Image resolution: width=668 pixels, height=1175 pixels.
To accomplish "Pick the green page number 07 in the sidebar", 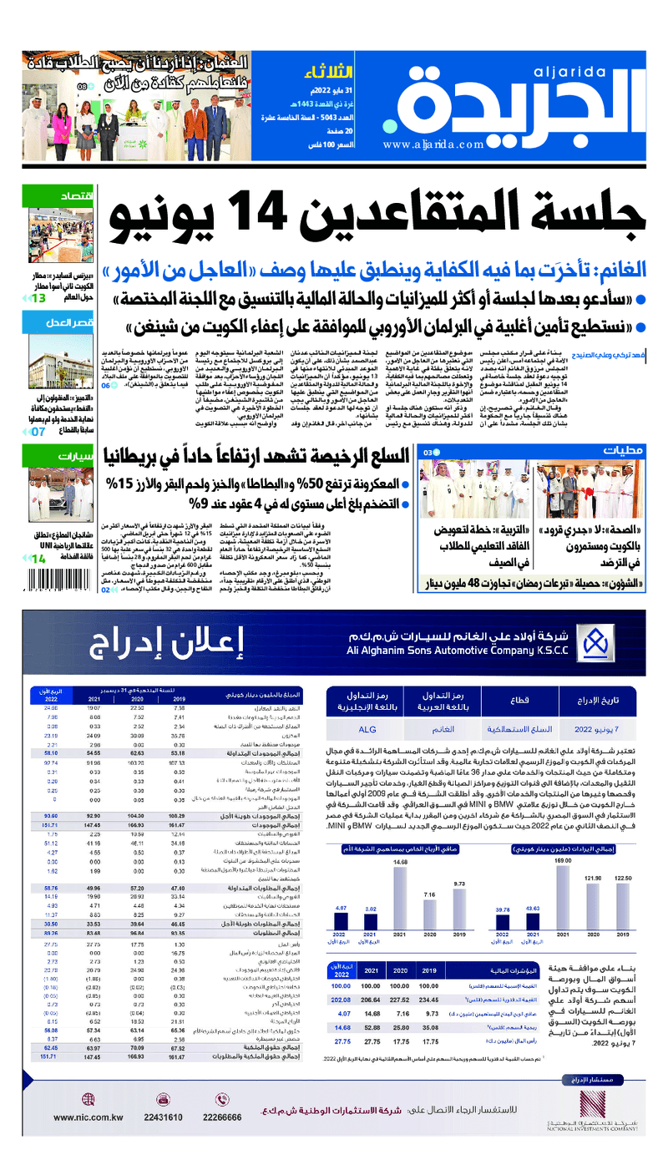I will (x=38, y=408).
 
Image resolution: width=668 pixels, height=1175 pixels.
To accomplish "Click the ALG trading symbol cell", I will (x=368, y=728).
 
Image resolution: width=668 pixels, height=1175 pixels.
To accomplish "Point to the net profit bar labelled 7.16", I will (x=430, y=916).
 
